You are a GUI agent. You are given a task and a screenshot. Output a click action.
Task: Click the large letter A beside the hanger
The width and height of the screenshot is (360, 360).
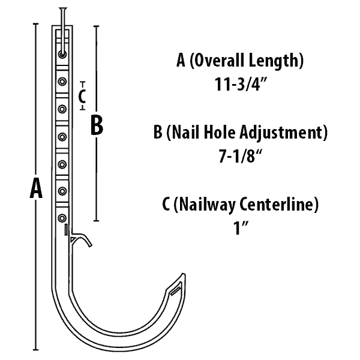point(36,189)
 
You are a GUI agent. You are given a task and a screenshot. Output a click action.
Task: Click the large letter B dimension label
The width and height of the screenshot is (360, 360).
point(97,126)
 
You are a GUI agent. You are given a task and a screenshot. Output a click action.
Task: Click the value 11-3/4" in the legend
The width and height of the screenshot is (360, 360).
point(240,85)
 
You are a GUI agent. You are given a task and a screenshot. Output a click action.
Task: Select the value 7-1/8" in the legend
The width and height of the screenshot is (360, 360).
point(240,157)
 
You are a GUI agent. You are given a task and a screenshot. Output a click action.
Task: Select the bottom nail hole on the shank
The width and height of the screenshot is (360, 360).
point(62,217)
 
